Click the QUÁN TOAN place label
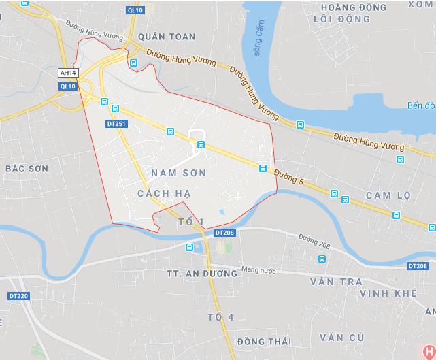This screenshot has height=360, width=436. (166, 37)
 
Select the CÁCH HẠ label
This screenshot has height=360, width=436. (163, 194)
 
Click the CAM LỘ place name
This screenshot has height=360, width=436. (388, 195)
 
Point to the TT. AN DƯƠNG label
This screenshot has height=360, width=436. (201, 273)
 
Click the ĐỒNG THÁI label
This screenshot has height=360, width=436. (265, 340)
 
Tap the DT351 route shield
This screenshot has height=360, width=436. (116, 125)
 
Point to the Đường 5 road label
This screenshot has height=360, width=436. (288, 176)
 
